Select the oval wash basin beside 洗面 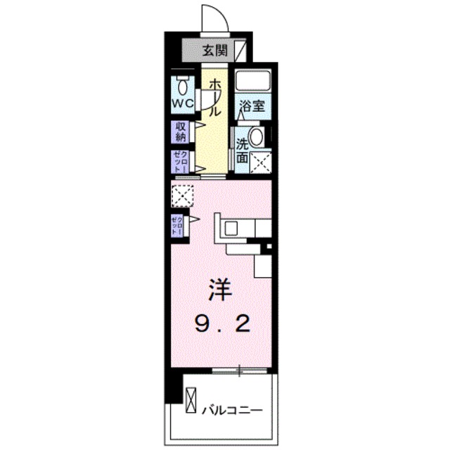[x=257, y=136]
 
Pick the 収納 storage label [x=181, y=131]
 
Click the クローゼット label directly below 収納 [x=180, y=162]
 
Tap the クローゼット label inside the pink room [x=176, y=226]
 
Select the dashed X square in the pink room [x=182, y=195]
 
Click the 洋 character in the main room [x=219, y=288]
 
